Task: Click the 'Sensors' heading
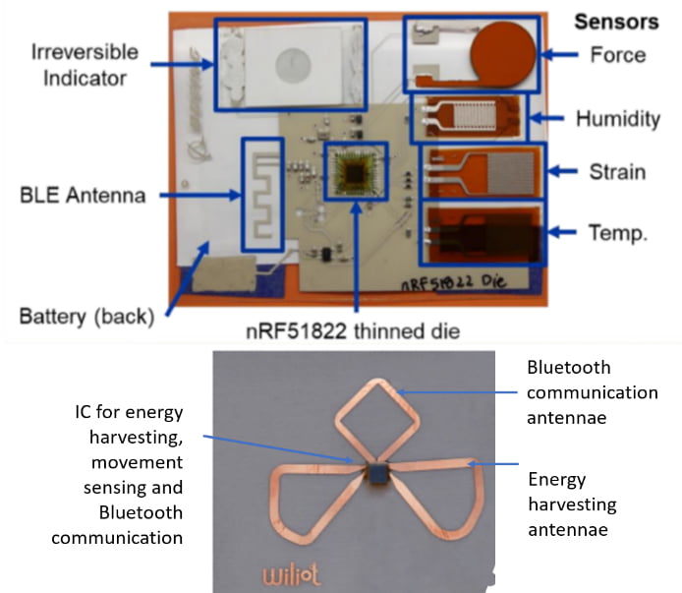coord(615,22)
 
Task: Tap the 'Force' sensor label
coord(618,55)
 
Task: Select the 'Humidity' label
coord(617,119)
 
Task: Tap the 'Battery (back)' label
coord(86,317)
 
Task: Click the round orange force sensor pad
coord(504,55)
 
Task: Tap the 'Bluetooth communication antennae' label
coord(592,391)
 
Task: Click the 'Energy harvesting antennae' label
coord(572,504)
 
